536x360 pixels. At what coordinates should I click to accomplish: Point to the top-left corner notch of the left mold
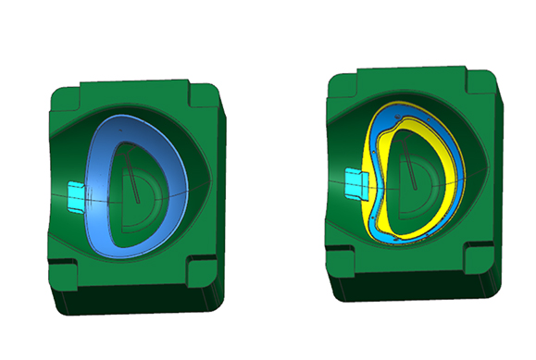click(68, 92)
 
